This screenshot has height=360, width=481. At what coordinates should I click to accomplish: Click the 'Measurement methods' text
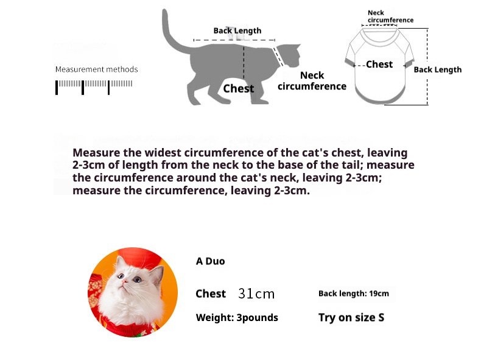coord(97,69)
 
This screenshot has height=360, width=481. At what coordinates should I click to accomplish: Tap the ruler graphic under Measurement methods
coord(94,87)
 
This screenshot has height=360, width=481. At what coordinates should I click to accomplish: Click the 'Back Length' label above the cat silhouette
coord(237,30)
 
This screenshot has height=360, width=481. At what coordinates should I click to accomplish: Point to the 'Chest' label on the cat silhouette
coord(238,88)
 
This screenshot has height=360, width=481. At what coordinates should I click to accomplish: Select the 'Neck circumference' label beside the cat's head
coord(312,81)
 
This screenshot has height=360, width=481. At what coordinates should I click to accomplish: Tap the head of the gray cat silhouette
coord(289,55)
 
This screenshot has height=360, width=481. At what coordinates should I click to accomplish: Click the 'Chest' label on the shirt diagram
coord(379,64)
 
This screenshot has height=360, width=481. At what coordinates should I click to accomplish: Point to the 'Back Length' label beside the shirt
coord(437,69)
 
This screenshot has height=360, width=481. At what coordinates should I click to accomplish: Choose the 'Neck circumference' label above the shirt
coord(390,16)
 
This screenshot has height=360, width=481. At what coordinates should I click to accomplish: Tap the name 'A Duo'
coord(211,261)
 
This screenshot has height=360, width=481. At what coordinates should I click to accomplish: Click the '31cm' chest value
coord(256,294)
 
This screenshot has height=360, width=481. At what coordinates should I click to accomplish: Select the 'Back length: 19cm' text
coord(354,294)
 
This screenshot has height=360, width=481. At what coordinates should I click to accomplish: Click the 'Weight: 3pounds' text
coord(237,317)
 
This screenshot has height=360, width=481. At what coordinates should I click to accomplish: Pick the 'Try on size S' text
coord(351,317)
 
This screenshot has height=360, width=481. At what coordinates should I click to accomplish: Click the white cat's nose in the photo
coord(124,281)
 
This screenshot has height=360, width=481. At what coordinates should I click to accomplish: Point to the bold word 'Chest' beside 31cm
coord(211,294)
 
